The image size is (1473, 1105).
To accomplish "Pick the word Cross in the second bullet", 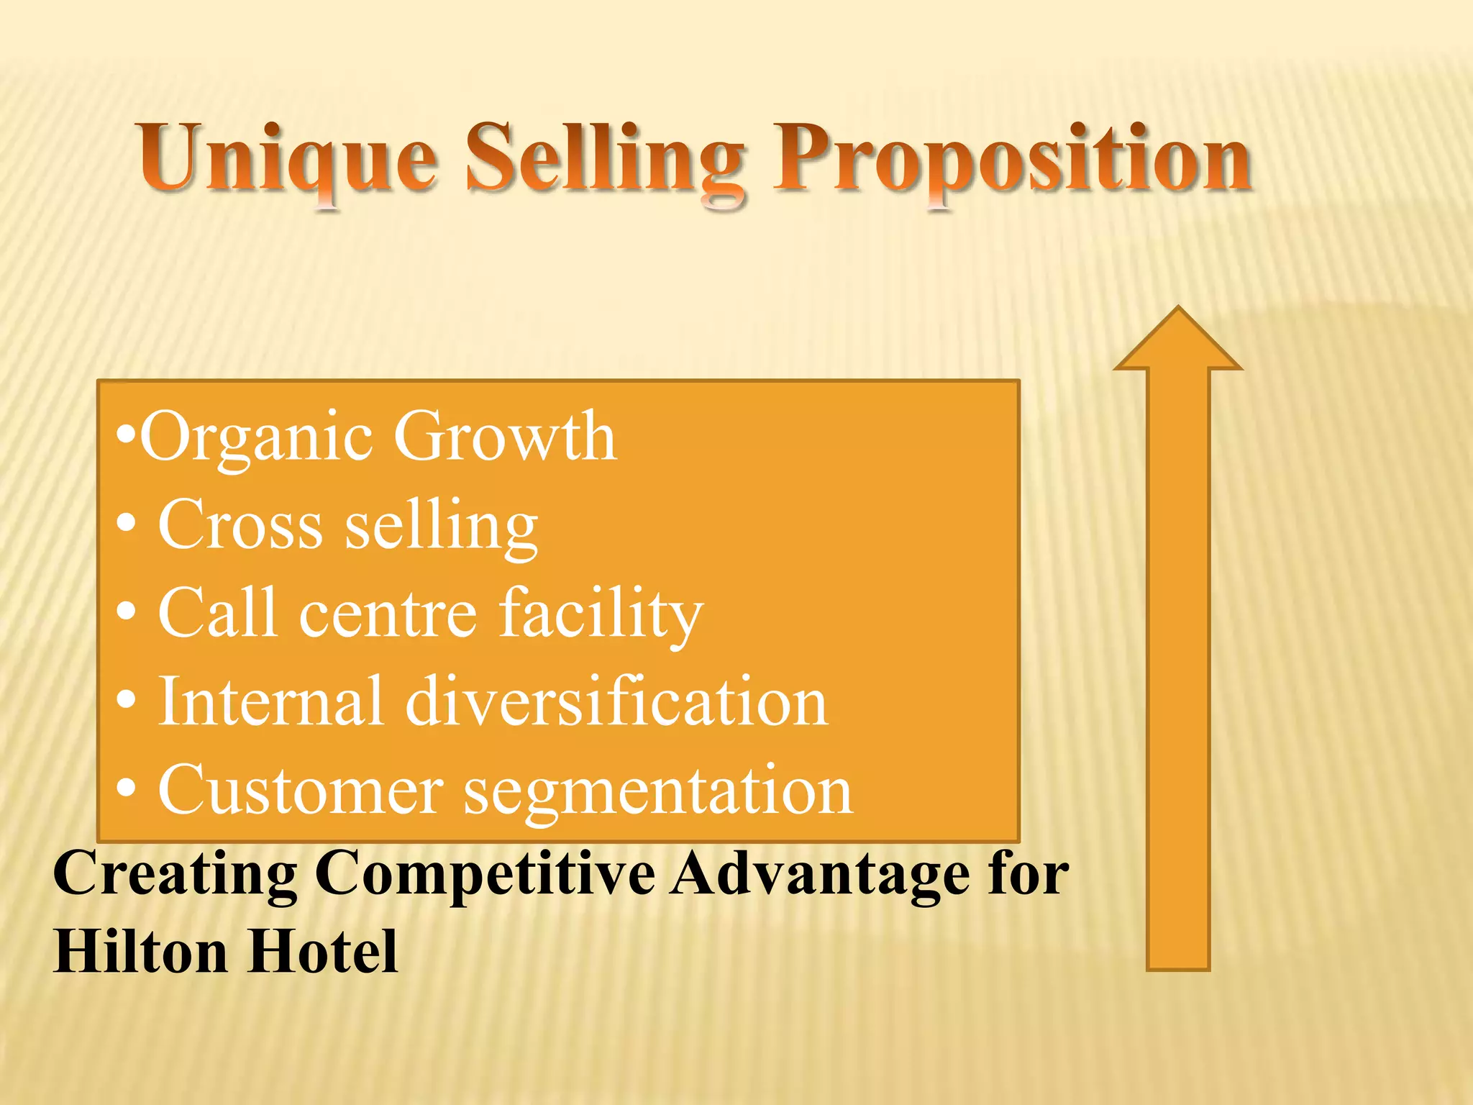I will pos(240,525).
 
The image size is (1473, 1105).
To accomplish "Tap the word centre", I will pos(388,614).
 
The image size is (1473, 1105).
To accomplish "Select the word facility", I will pos(601,614).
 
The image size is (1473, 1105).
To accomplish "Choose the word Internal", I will pos(270,701).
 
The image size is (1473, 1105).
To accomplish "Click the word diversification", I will pos(617,701).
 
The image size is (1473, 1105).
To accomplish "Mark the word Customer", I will pos(301,790).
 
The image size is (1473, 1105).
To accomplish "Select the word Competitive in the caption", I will pos(485,874).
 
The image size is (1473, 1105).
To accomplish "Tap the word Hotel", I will pos(324,951).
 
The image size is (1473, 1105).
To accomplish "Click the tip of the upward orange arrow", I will pos(1178,309).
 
